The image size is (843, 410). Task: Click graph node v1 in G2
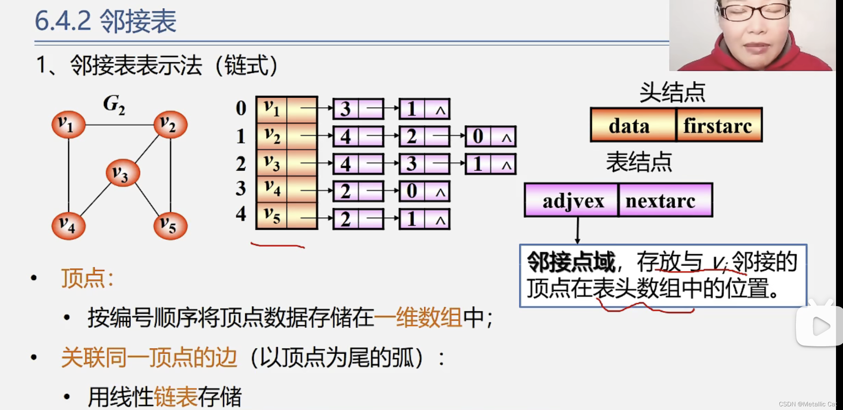(x=69, y=125)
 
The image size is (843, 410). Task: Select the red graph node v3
(x=123, y=173)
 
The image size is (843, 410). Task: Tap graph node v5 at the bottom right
(x=170, y=226)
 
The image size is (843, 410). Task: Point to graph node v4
(x=69, y=226)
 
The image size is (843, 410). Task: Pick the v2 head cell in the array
(x=272, y=136)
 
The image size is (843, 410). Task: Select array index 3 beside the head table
(x=241, y=188)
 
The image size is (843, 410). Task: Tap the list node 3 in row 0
(x=345, y=109)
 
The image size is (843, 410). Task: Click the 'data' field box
(x=633, y=125)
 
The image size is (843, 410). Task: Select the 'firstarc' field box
(x=719, y=125)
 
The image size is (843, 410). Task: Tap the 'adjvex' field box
(x=571, y=200)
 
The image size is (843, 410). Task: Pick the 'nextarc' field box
(x=665, y=200)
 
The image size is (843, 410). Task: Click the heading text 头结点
(x=672, y=92)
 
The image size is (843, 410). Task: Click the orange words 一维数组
(x=418, y=318)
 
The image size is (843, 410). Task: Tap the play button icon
(x=821, y=326)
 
